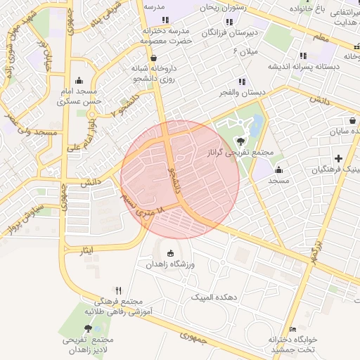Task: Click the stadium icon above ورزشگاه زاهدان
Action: (169, 253)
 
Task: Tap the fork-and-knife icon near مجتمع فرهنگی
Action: (118, 290)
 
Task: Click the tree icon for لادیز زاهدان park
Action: (88, 328)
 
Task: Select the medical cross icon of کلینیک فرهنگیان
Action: (339, 158)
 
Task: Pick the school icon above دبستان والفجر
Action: (243, 82)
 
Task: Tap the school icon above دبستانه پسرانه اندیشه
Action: (303, 56)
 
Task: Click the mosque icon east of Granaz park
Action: (279, 169)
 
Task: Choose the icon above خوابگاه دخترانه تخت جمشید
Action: (293, 329)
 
